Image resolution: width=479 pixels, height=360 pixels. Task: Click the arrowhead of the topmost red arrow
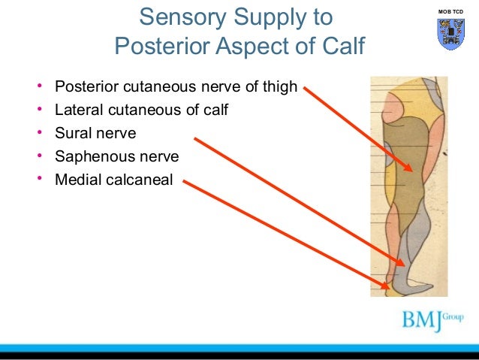coord(410,168)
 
